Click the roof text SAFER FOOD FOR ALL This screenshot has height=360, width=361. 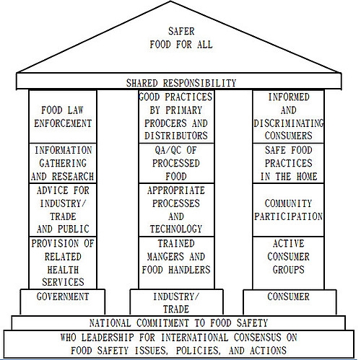(x=181, y=38)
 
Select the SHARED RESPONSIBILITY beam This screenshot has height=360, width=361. (x=178, y=82)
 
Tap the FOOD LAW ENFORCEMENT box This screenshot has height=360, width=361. (x=63, y=117)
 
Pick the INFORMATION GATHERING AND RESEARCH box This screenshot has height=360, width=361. (x=63, y=163)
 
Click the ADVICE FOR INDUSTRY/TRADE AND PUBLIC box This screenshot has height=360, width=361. (x=63, y=210)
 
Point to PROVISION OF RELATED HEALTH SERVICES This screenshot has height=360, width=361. (x=63, y=263)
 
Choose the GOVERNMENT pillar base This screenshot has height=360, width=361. (x=63, y=302)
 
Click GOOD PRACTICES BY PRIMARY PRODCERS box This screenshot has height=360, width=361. (x=176, y=117)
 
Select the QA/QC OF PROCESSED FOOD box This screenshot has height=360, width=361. (x=176, y=163)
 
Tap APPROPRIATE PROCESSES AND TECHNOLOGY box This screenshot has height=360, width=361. (x=176, y=210)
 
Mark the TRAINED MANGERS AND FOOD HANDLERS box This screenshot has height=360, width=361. (x=176, y=263)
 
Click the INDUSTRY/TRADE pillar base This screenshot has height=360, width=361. (x=176, y=302)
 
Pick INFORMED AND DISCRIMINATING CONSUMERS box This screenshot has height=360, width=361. (x=288, y=117)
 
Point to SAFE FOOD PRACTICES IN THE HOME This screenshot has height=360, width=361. (x=288, y=163)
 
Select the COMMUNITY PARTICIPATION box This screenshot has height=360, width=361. (x=288, y=210)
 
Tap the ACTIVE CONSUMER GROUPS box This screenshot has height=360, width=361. (x=288, y=263)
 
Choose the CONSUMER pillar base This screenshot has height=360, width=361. (x=290, y=302)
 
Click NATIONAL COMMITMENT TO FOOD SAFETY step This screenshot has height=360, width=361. (x=178, y=322)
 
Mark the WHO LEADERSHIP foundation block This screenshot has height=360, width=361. (x=178, y=344)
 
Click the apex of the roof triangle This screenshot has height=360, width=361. (x=170, y=1)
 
